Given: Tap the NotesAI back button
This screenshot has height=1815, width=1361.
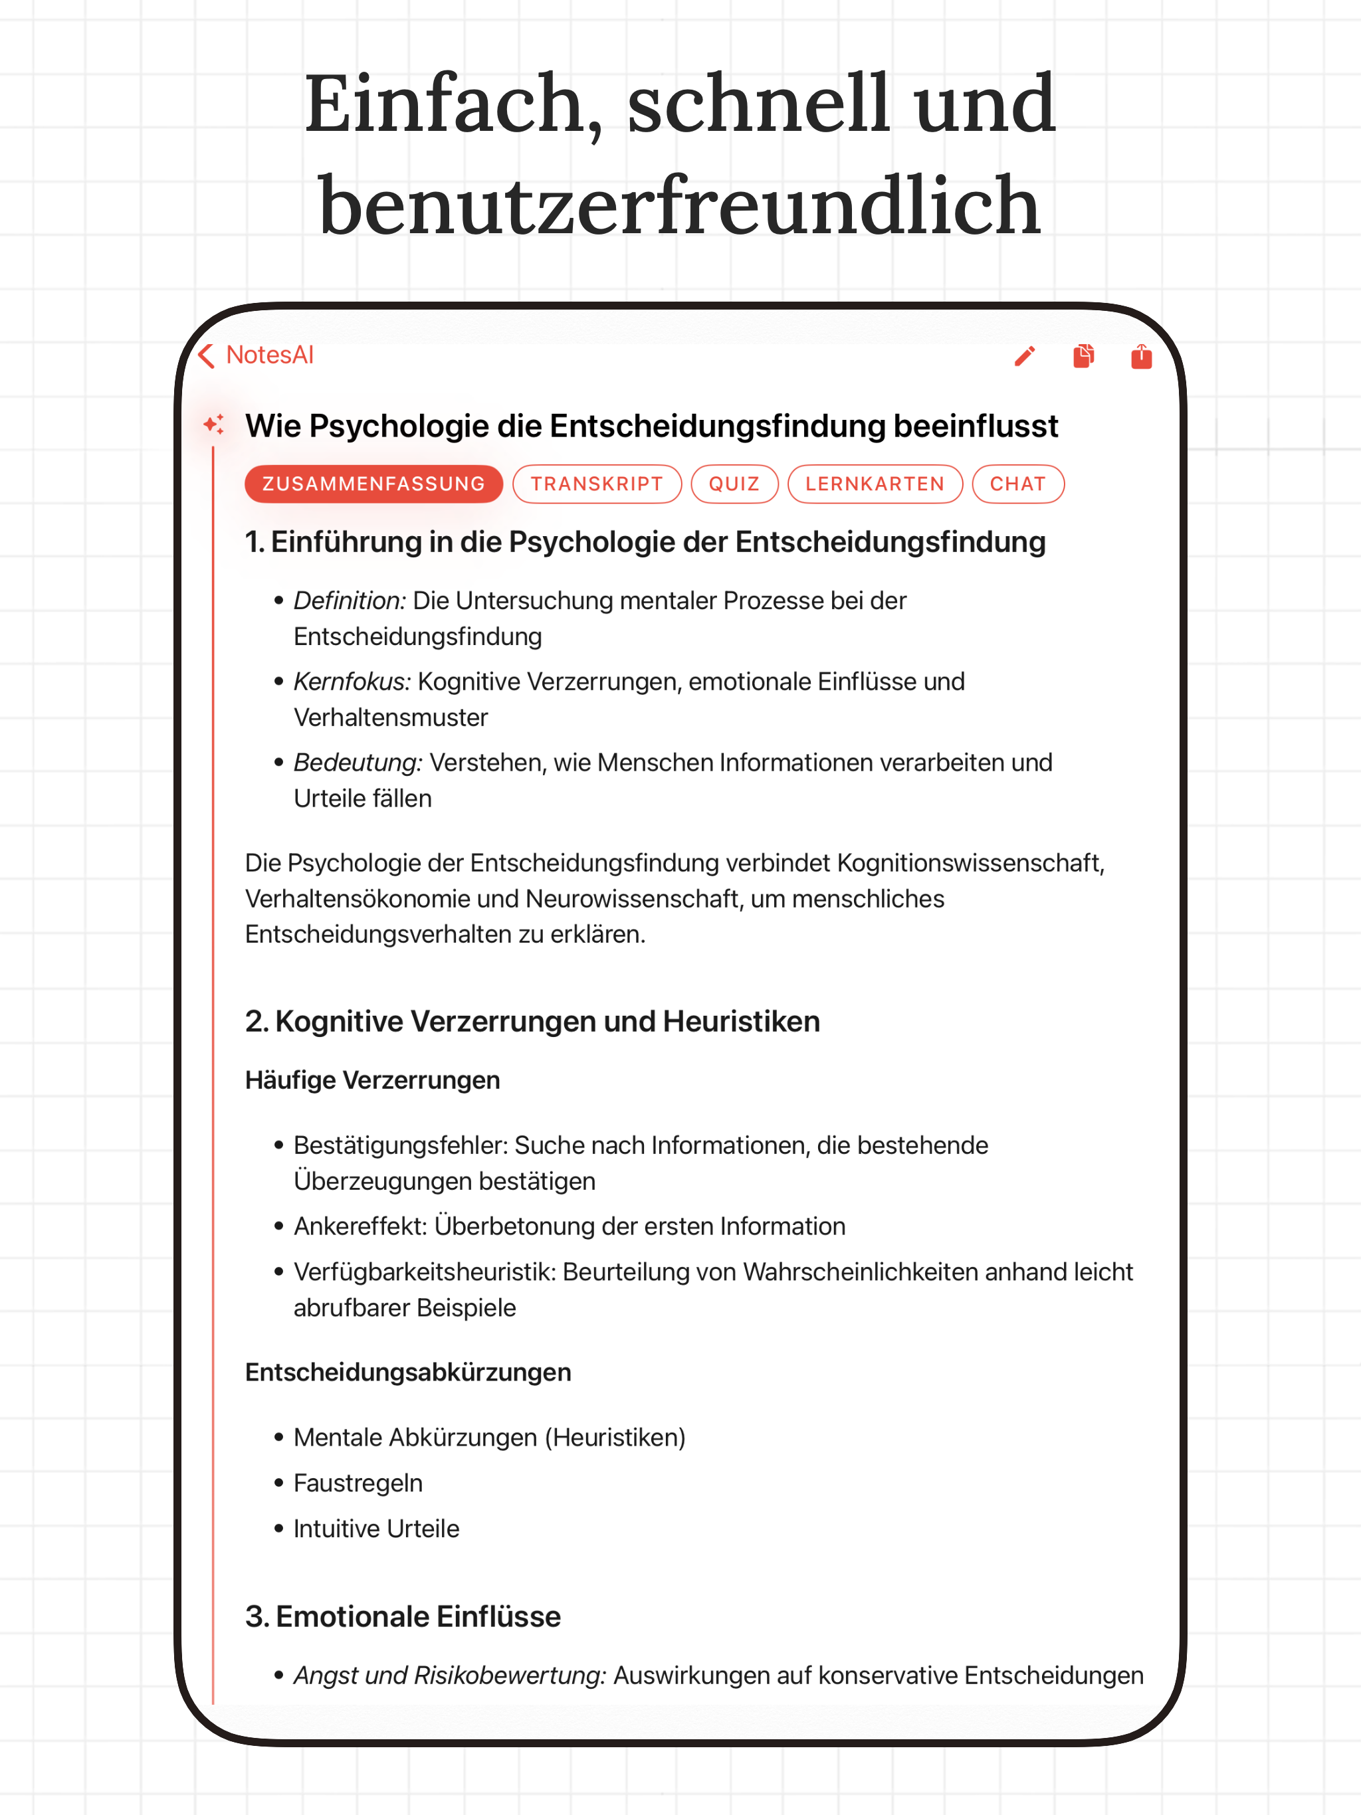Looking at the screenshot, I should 256,355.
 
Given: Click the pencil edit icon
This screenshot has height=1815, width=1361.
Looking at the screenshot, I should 1025,356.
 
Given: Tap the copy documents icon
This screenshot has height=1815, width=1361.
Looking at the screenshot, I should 1083,356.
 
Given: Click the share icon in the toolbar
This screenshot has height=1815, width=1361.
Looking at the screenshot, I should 1141,356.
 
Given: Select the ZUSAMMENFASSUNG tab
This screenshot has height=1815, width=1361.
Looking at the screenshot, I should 373,484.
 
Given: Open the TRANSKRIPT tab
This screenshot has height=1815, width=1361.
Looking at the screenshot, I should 597,484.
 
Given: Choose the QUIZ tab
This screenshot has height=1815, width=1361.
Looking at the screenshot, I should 734,484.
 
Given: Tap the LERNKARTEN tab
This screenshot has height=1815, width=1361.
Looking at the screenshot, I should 875,484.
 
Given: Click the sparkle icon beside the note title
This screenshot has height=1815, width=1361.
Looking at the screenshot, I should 213,425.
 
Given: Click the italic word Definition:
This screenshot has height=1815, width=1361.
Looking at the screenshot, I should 350,601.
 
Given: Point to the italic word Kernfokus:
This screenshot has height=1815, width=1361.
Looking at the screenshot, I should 352,682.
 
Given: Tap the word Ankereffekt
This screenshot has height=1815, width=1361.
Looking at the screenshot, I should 360,1226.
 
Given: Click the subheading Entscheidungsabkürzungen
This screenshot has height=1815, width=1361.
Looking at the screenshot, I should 408,1373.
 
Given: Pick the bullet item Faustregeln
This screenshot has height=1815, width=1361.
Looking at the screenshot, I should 358,1483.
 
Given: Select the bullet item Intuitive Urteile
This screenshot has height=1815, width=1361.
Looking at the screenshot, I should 376,1529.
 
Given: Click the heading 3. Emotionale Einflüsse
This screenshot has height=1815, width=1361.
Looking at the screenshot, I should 403,1617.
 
